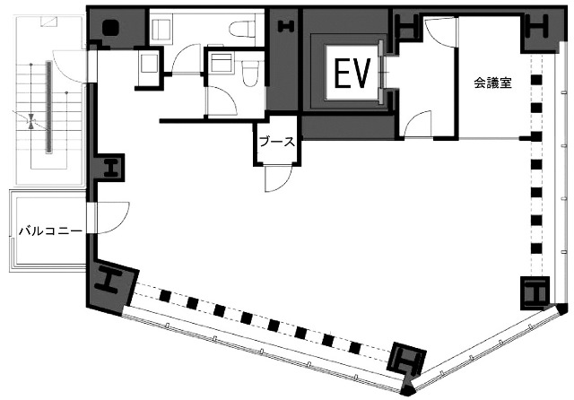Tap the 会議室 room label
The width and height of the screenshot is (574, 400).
tap(492, 83)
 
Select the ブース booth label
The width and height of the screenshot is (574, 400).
tap(277, 142)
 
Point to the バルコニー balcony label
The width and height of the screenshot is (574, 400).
tap(50, 231)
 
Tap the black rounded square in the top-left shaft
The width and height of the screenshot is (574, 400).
tap(110, 28)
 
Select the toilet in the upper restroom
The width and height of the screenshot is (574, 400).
tap(242, 28)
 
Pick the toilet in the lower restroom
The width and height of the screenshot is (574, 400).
tap(250, 74)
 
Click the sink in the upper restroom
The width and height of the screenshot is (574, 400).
tap(161, 28)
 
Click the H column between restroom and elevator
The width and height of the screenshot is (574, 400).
tap(286, 26)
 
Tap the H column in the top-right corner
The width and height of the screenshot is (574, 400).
tap(537, 26)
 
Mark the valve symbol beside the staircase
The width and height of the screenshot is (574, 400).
tap(32, 121)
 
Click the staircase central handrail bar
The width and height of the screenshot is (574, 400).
tap(48, 107)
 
